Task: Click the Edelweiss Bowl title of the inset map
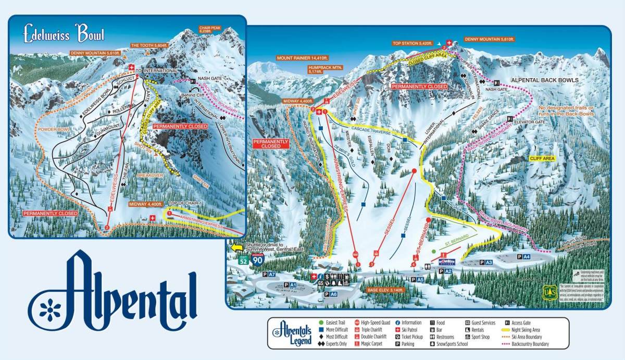tap(64, 33)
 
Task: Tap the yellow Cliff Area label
tap(542, 157)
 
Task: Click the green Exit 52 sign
tap(243, 259)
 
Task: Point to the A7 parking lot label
tap(268, 274)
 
